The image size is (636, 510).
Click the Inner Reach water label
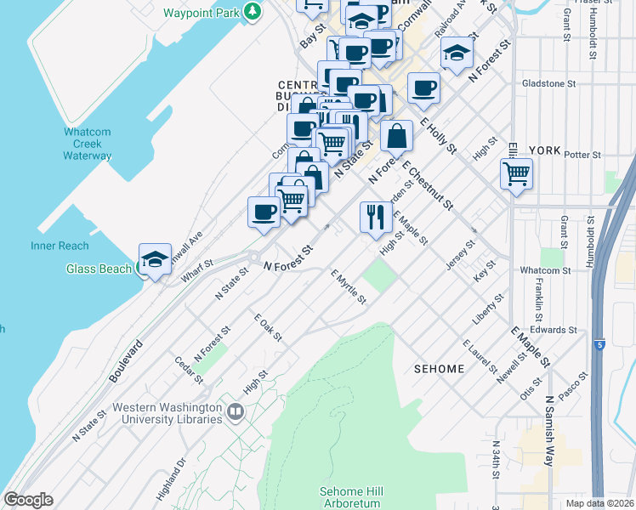click(60, 246)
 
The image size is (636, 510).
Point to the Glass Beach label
click(99, 269)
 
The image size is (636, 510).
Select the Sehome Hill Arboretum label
click(351, 498)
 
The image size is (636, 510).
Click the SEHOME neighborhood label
click(439, 369)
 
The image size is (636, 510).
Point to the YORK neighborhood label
click(544, 150)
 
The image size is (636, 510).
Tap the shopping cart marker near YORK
click(517, 175)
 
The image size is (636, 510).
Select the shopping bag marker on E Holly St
click(396, 135)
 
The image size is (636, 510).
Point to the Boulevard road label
click(125, 361)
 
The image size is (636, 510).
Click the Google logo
click(28, 500)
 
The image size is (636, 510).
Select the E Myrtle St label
click(349, 287)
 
